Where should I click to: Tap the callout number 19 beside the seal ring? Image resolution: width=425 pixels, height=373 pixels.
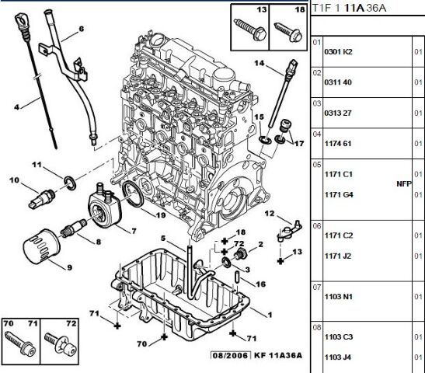click(x=161, y=215)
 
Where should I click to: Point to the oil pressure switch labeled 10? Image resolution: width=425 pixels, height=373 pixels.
click(x=41, y=199)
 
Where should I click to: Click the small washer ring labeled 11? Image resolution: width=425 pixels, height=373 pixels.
click(x=70, y=183)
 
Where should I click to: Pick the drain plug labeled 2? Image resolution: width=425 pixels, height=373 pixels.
click(x=240, y=253)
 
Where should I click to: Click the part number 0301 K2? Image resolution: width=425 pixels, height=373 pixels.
click(x=338, y=51)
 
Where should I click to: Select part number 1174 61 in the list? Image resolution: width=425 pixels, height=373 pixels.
click(x=338, y=144)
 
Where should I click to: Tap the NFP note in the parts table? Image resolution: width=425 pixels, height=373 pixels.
click(x=404, y=184)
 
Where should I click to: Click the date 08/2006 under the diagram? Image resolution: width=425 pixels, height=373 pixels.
click(x=231, y=355)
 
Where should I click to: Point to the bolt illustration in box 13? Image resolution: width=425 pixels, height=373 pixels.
click(x=249, y=30)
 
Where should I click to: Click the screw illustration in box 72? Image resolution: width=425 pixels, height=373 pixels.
click(x=60, y=343)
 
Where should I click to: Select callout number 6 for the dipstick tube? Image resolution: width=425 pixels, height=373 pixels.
click(x=82, y=29)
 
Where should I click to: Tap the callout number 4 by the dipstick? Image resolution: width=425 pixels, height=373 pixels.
click(x=17, y=107)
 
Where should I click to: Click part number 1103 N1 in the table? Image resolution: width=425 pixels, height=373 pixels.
click(x=339, y=297)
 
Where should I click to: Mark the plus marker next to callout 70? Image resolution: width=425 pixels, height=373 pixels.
click(x=164, y=337)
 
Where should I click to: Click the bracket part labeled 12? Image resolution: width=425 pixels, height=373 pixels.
click(x=290, y=231)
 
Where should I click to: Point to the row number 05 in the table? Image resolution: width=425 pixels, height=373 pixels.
click(x=317, y=165)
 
